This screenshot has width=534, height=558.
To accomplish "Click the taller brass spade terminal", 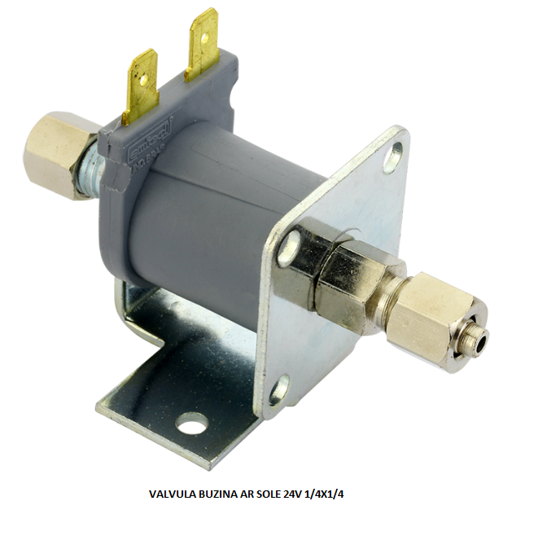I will point(201,45).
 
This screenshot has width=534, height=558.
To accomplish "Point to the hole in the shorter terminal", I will point(143,79).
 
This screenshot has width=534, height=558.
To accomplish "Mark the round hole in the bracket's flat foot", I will point(192,423).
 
